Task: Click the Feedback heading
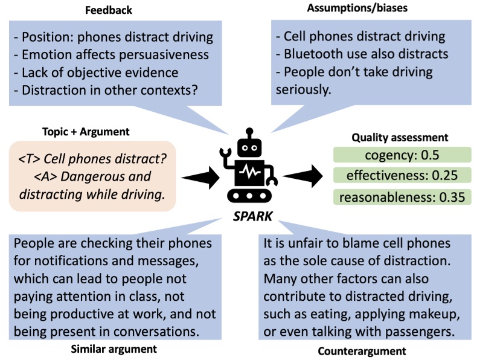[x=109, y=11]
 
